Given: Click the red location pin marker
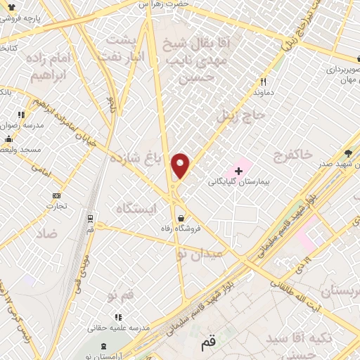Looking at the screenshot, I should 181,165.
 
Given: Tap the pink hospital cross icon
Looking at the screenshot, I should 238,171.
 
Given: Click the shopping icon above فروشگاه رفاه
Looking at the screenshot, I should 183,218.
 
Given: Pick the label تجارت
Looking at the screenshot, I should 56,206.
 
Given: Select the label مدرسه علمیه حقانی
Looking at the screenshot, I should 118,328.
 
